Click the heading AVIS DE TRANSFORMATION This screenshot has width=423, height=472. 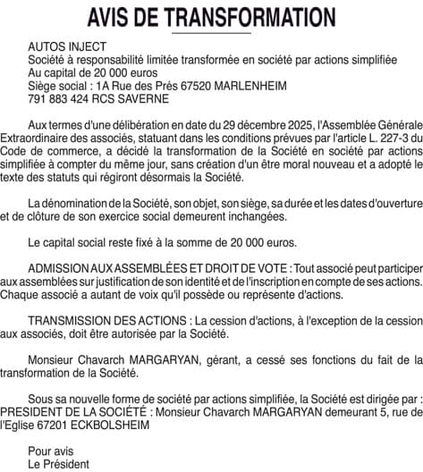(x=210, y=16)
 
